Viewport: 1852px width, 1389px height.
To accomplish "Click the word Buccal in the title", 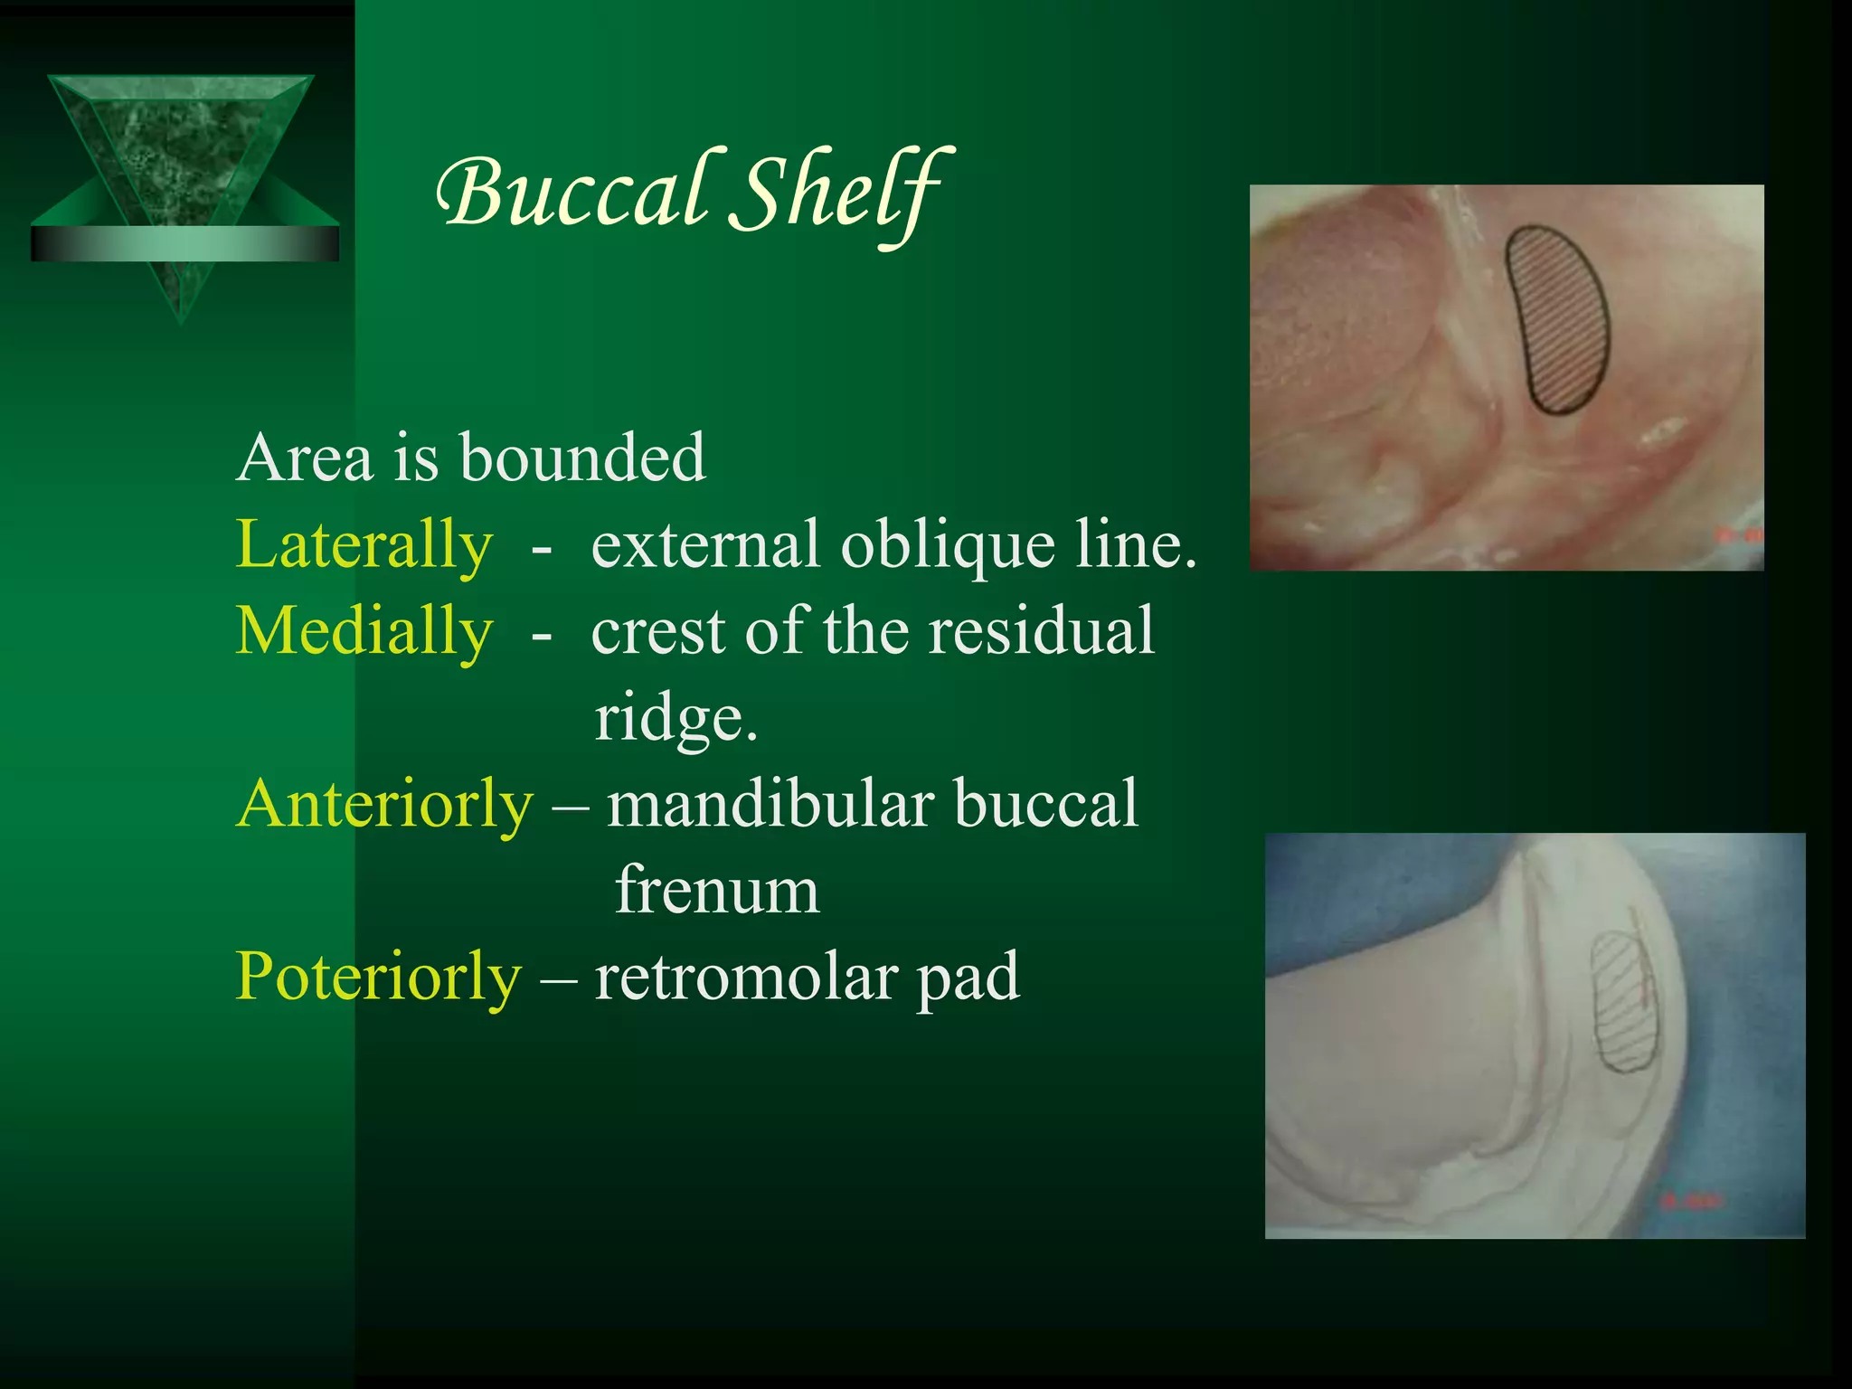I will [x=572, y=192].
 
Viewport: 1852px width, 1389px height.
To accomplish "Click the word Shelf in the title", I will [x=839, y=192].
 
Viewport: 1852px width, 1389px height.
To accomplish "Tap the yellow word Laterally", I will [x=364, y=545].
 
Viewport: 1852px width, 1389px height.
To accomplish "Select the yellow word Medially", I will [x=364, y=631].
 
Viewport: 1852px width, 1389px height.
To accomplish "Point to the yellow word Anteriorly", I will [x=384, y=804].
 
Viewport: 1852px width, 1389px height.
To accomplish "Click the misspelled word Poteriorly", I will [x=378, y=978].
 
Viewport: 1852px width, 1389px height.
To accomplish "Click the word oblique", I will [x=948, y=545].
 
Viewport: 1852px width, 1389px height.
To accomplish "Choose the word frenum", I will [x=717, y=891].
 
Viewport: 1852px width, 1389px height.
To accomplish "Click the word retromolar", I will [x=745, y=978].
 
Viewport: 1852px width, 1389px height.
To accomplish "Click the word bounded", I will [x=582, y=458].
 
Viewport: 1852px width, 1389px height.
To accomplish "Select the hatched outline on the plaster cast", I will [x=1623, y=1002].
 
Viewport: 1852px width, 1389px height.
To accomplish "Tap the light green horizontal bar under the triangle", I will [x=184, y=243].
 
